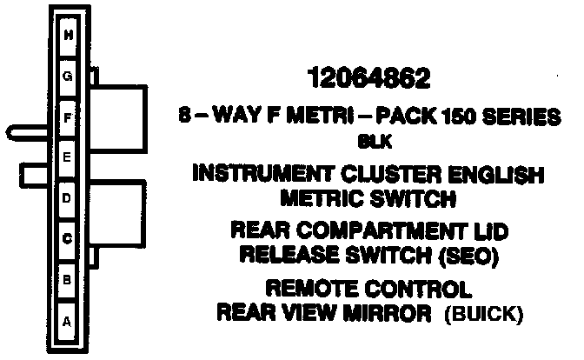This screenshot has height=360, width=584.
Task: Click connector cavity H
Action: coord(67,36)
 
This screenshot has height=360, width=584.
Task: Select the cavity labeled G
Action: coord(67,77)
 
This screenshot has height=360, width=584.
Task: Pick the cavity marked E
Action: coord(67,157)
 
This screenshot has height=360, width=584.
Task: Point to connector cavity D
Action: coord(67,198)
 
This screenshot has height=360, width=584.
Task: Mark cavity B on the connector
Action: coord(67,279)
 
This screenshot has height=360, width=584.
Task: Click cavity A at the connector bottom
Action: coord(67,319)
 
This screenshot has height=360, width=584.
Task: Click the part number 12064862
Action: coord(370,80)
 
